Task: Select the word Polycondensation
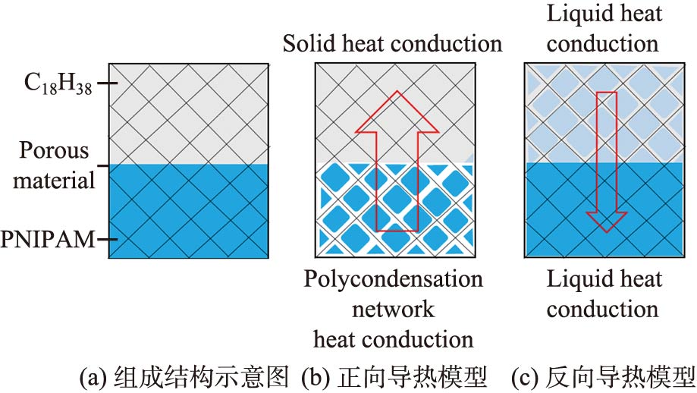click(x=393, y=279)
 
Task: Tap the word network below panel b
click(x=393, y=309)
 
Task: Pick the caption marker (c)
click(x=525, y=376)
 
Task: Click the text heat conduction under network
click(x=393, y=338)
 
